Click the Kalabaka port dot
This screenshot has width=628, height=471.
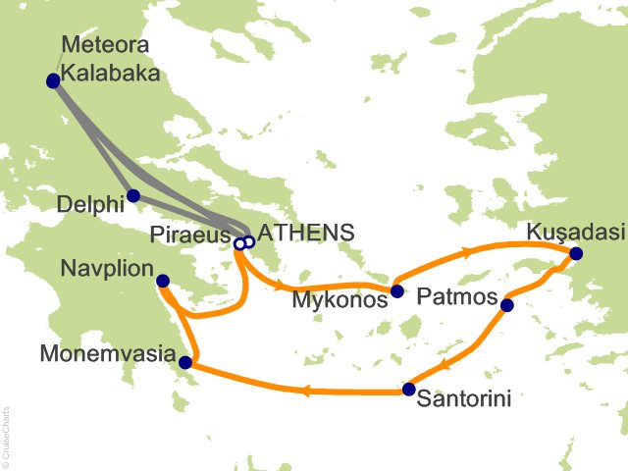pyautogui.click(x=53, y=81)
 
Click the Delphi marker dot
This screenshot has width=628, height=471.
pyautogui.click(x=133, y=195)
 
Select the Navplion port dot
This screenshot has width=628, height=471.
pyautogui.click(x=163, y=282)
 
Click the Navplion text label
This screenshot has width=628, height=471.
pyautogui.click(x=106, y=268)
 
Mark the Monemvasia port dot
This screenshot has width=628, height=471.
pyautogui.click(x=185, y=364)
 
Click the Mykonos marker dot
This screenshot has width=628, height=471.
pyautogui.click(x=396, y=291)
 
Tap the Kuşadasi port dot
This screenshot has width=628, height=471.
pyautogui.click(x=576, y=254)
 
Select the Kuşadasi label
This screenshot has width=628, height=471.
pyautogui.click(x=574, y=233)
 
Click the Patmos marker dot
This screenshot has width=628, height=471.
pyautogui.click(x=506, y=305)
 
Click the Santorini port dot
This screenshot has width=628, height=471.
pyautogui.click(x=408, y=390)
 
